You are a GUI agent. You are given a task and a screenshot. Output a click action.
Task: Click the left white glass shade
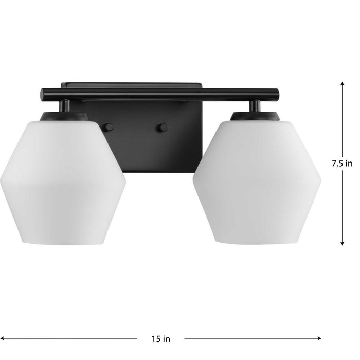tap(63, 180)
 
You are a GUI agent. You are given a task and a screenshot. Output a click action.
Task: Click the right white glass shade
tap(257, 180)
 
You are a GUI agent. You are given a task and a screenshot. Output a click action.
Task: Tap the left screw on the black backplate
tap(109, 127)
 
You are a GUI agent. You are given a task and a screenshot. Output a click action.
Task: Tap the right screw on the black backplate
tap(164, 127)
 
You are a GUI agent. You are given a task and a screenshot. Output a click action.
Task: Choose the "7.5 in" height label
tap(342, 164)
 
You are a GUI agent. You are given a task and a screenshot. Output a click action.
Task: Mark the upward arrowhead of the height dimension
tap(342, 84)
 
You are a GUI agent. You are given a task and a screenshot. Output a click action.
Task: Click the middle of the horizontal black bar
tap(160, 95)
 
